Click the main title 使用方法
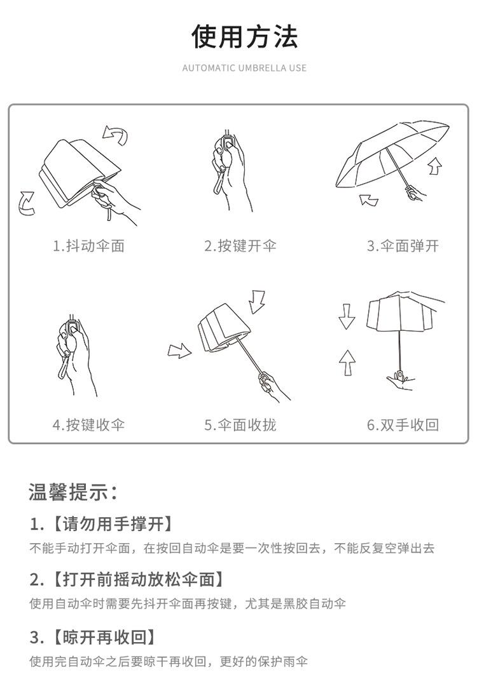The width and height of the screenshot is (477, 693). tap(245, 36)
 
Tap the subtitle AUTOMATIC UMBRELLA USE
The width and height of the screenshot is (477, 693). tap(244, 68)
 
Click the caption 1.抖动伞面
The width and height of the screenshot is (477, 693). tap(88, 246)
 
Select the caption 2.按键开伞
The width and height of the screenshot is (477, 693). tap(240, 246)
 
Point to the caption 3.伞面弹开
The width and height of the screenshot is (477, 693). tap(403, 246)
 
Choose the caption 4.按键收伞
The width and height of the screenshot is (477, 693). tap(88, 425)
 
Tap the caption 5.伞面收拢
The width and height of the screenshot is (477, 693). tap(240, 425)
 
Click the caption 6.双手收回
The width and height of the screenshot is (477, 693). tap(403, 425)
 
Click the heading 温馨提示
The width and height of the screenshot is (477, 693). tap(73, 492)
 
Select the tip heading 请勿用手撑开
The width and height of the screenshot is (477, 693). tap(113, 524)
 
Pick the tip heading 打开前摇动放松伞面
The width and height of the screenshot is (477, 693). tap(138, 579)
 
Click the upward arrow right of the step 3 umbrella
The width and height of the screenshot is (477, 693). tap(436, 166)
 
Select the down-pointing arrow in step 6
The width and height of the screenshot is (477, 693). tap(347, 316)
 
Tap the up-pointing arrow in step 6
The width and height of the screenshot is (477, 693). tap(347, 363)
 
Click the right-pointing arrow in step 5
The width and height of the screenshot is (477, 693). tap(179, 351)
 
